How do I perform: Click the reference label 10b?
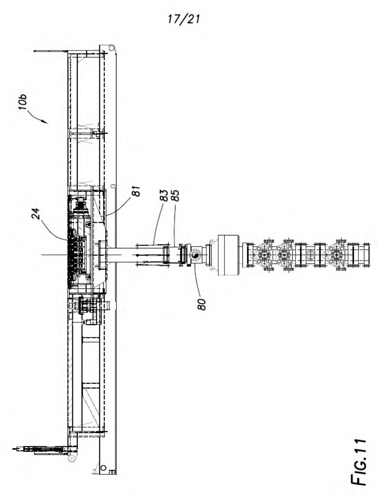tap(23, 102)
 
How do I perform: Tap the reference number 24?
tap(36, 214)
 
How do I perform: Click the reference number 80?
tap(201, 304)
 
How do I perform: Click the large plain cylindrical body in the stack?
tap(229, 255)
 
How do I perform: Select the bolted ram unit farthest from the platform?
tap(336, 255)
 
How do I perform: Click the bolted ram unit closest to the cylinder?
tap(264, 255)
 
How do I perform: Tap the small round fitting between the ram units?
tap(310, 255)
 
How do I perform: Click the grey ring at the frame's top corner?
tap(111, 48)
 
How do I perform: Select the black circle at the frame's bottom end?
tap(103, 468)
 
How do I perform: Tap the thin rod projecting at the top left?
tap(50, 51)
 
